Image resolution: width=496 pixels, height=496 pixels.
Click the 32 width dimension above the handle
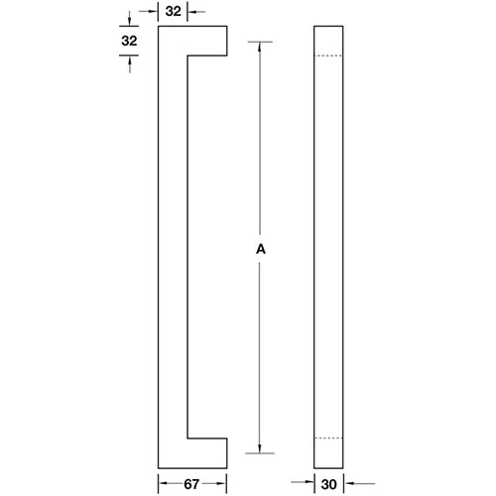tap(174, 12)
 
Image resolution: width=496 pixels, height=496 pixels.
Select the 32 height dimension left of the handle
tap(127, 41)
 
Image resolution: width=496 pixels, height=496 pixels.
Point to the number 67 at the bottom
tap(194, 484)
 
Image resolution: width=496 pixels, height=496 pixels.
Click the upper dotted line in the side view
tap(327, 57)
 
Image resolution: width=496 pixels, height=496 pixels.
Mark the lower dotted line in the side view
tap(327, 438)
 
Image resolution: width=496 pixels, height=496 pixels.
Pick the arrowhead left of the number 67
tap(164, 484)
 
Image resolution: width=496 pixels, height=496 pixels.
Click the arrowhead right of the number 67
tap(222, 484)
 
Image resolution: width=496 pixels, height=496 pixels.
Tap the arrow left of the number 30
tap(307, 484)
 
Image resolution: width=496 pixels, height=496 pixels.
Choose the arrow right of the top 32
tap(194, 12)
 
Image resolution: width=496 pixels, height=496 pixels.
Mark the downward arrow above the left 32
tap(127, 20)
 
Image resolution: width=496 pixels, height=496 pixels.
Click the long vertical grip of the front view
tap(168, 248)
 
